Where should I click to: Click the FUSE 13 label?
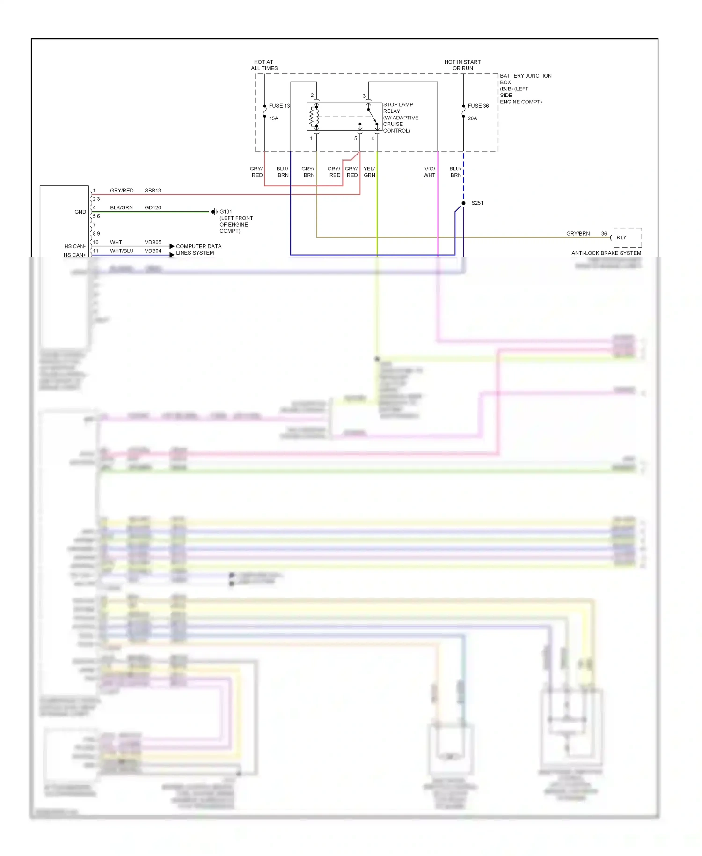pos(279,106)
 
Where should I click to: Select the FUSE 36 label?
pos(478,106)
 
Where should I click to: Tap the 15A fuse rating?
pos(273,118)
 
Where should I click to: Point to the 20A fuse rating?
pos(472,118)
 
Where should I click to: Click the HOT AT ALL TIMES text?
pos(264,65)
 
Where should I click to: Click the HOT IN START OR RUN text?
pos(462,65)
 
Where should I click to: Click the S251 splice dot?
pos(463,203)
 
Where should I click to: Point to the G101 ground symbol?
pos(214,212)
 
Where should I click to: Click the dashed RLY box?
pos(627,237)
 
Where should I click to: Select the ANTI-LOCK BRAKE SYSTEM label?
pos(606,253)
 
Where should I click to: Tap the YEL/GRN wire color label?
pos(369,172)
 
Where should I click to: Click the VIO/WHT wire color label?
pos(429,172)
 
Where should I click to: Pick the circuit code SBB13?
pos(153,191)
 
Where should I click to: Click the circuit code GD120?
pos(153,207)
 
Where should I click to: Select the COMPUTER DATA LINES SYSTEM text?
pos(198,250)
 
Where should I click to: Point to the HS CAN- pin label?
pos(75,246)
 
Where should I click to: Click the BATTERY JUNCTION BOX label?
pos(525,89)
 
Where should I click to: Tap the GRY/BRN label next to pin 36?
pos(578,233)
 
